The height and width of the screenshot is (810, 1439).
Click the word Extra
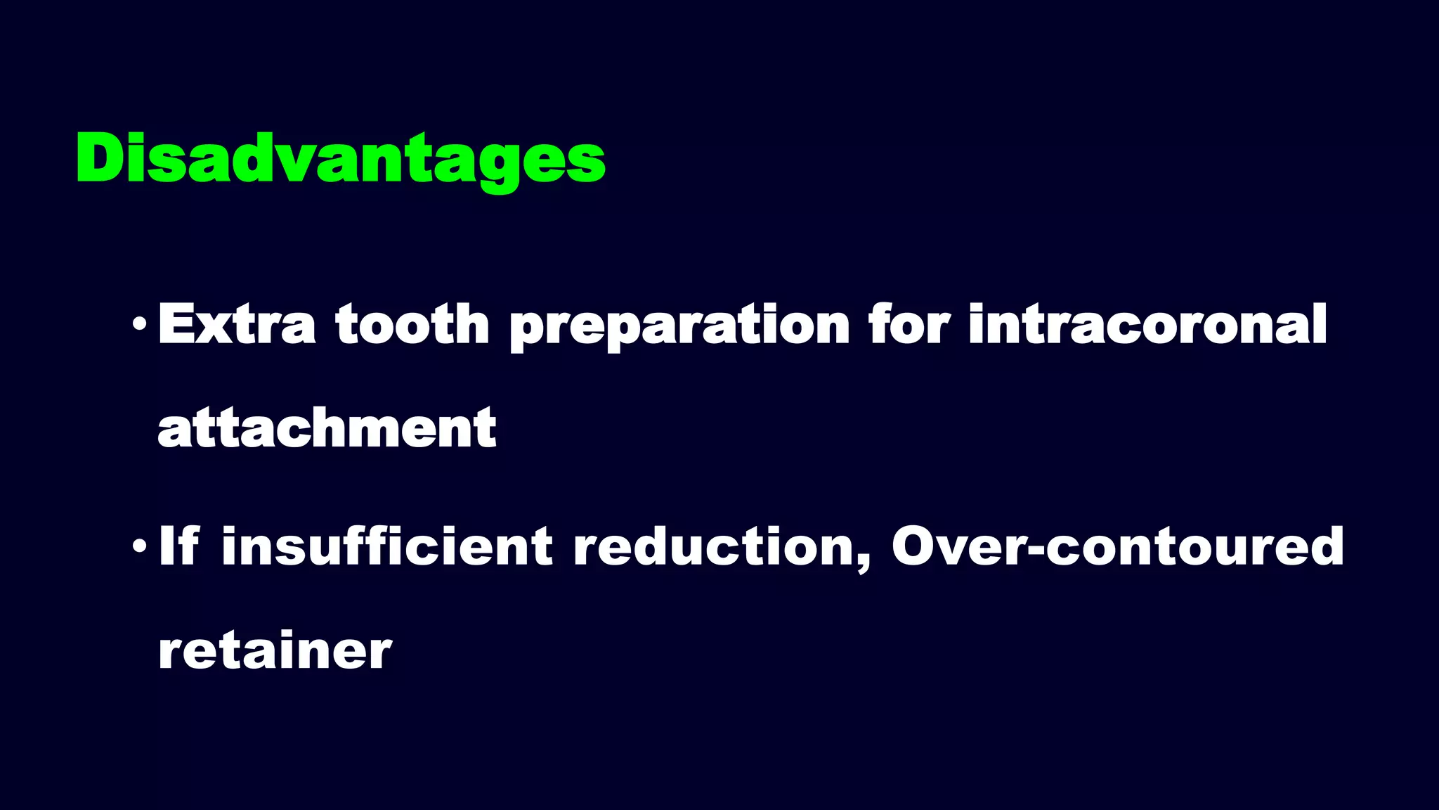tap(237, 324)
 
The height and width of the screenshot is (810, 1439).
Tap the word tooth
tap(412, 324)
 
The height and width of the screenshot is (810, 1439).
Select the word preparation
tap(679, 327)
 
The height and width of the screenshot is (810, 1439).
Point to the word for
tap(909, 324)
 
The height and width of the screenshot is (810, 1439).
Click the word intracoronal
tap(1147, 324)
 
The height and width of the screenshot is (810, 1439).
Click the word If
tap(178, 546)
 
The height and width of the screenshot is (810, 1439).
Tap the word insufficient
tap(387, 546)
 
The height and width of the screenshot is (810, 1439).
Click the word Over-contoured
tap(1117, 547)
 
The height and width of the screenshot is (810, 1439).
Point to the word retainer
tap(275, 650)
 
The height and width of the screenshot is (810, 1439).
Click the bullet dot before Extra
tap(140, 326)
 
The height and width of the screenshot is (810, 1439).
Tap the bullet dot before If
tap(140, 546)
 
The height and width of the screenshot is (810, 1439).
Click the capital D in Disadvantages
tap(100, 159)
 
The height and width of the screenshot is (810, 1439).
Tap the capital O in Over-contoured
tap(917, 546)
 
